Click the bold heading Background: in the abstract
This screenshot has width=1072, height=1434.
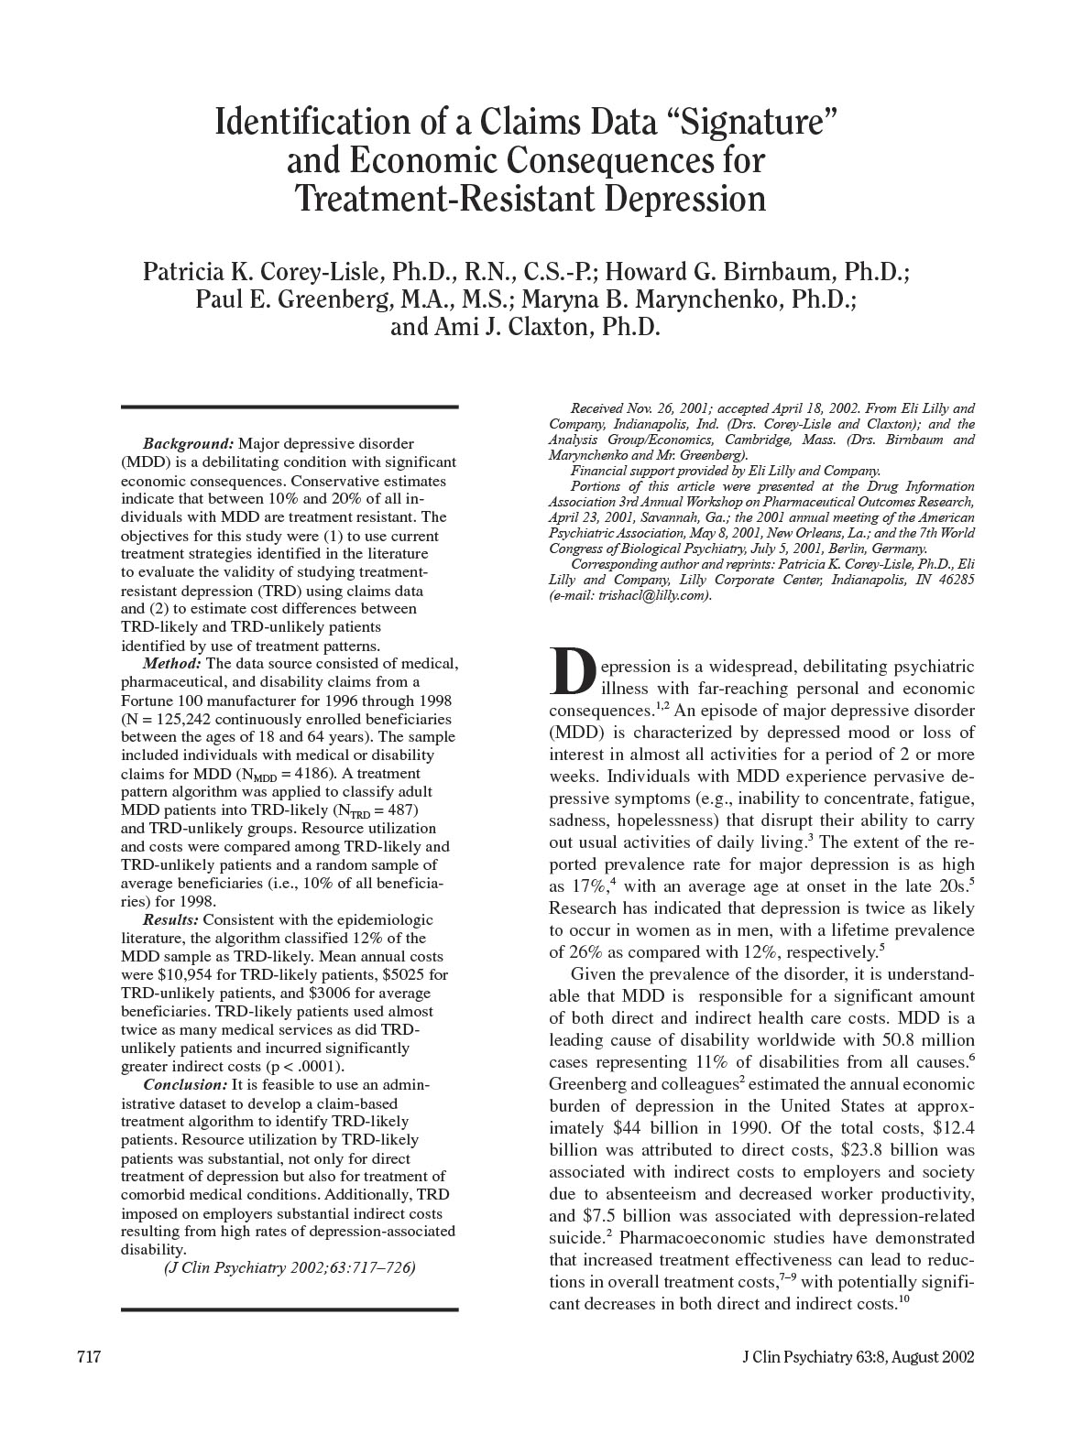pyautogui.click(x=189, y=444)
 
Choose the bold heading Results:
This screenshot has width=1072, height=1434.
pyautogui.click(x=170, y=919)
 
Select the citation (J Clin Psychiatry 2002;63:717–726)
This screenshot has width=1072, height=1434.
pyautogui.click(x=290, y=1267)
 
